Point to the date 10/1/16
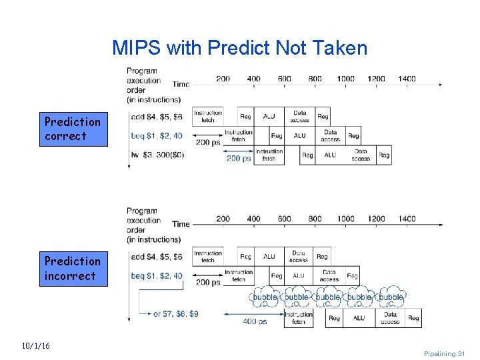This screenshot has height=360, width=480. pos(35,345)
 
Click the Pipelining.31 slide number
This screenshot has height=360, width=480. pos(444,353)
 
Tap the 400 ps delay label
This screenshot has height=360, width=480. pos(255,321)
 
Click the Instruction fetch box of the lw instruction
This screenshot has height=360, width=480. pos(269,155)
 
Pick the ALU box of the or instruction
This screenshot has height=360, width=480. pos(359,318)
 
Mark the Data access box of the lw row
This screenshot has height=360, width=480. pos(361,155)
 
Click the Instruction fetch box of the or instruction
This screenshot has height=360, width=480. pos(299,318)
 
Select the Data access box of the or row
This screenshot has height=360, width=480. pos(390,318)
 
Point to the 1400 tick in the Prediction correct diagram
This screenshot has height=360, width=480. pos(407,79)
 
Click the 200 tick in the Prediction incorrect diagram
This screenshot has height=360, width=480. pos(223,219)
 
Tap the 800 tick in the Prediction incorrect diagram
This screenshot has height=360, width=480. pos(315,219)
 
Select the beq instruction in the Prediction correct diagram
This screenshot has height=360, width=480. pos(157,135)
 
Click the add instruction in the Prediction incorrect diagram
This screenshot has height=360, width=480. pos(157,257)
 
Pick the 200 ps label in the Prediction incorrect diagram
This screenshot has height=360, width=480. pos(208,283)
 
